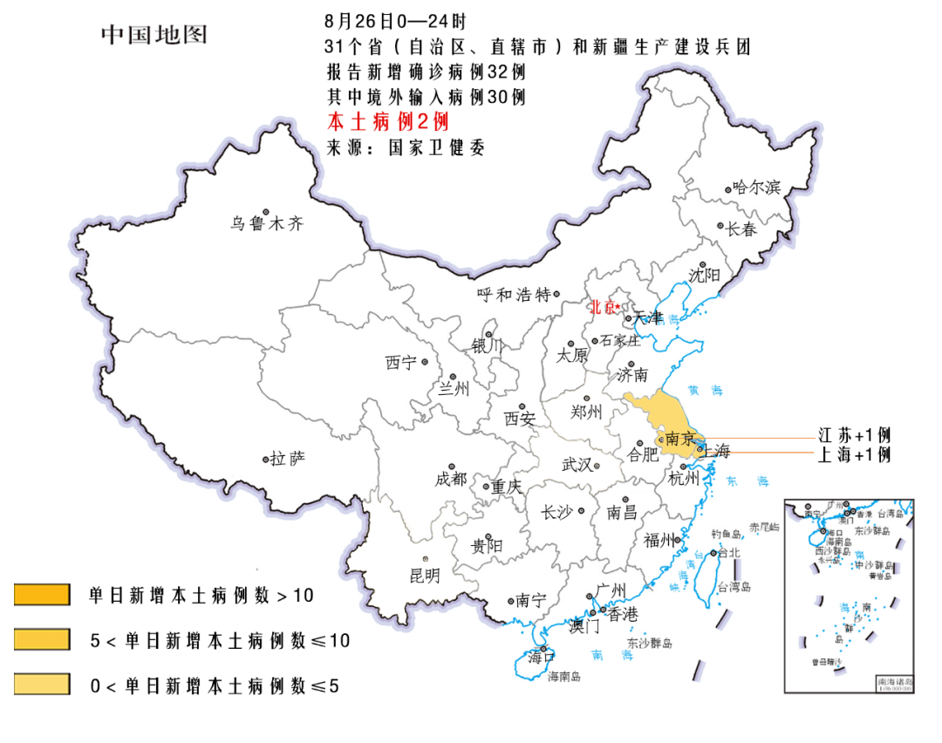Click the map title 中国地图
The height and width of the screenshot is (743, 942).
click(154, 34)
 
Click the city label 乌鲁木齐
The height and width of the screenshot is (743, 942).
click(267, 224)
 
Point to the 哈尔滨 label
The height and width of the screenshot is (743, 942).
click(756, 187)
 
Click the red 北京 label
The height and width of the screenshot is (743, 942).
click(602, 307)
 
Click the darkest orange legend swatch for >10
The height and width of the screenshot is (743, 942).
click(42, 596)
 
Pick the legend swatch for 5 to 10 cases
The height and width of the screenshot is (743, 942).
click(42, 640)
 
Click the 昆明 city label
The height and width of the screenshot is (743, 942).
click(425, 575)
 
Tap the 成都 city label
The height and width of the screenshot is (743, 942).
click(452, 479)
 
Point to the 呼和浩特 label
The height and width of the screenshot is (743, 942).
click(515, 295)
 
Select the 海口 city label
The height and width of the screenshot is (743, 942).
click(541, 658)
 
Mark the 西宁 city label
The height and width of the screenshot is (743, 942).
click(402, 363)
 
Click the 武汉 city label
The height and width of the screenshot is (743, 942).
click(576, 465)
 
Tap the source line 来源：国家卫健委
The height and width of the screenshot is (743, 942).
click(405, 147)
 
